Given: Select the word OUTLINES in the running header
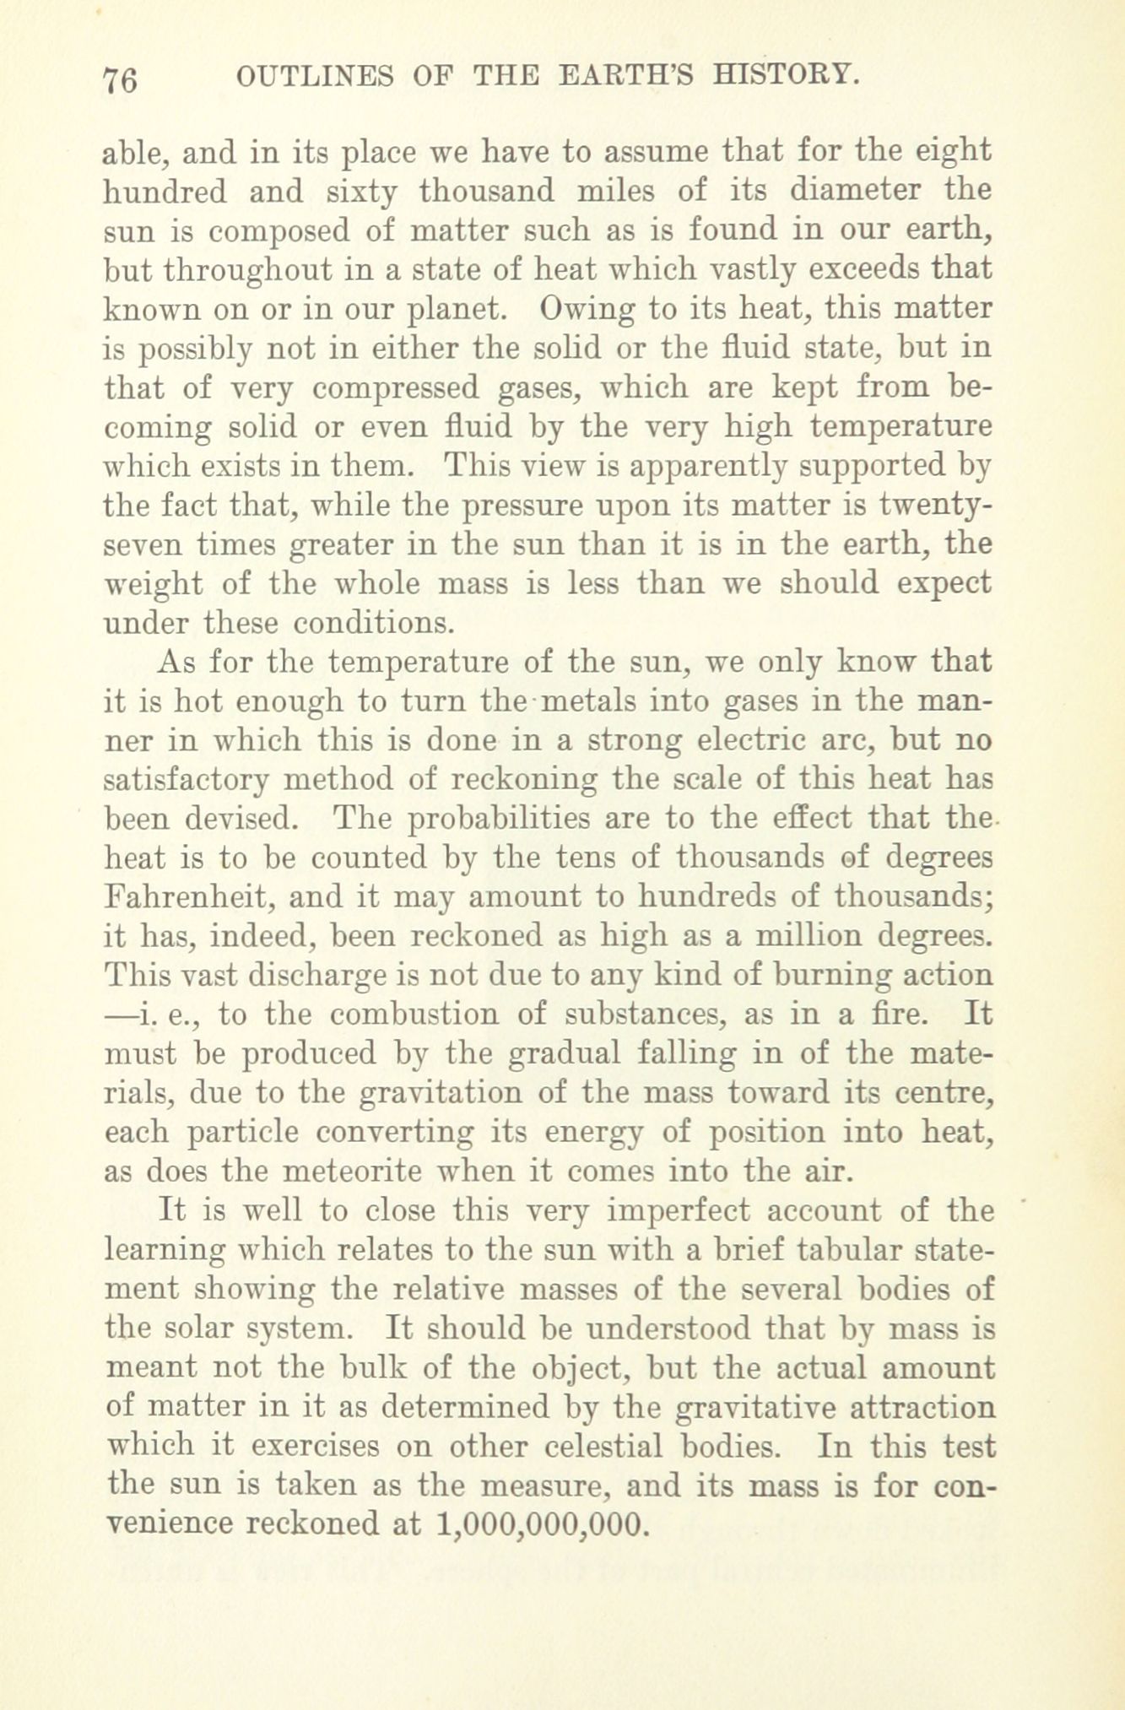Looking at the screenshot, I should [315, 77].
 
